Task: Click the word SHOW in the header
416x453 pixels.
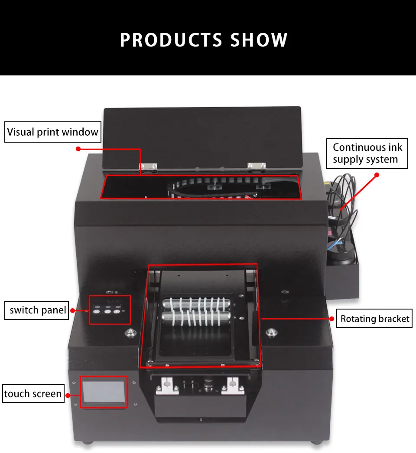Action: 259,40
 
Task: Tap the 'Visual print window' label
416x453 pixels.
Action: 53,132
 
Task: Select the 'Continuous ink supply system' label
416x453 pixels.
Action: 367,153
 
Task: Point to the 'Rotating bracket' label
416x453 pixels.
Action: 374,319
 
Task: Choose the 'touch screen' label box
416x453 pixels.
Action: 33,394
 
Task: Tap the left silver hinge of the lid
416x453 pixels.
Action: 148,166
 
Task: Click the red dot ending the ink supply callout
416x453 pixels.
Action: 377,175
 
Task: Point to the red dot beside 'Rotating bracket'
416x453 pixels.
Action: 332,319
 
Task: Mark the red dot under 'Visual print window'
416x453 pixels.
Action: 78,149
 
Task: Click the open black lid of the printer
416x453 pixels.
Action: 202,134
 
